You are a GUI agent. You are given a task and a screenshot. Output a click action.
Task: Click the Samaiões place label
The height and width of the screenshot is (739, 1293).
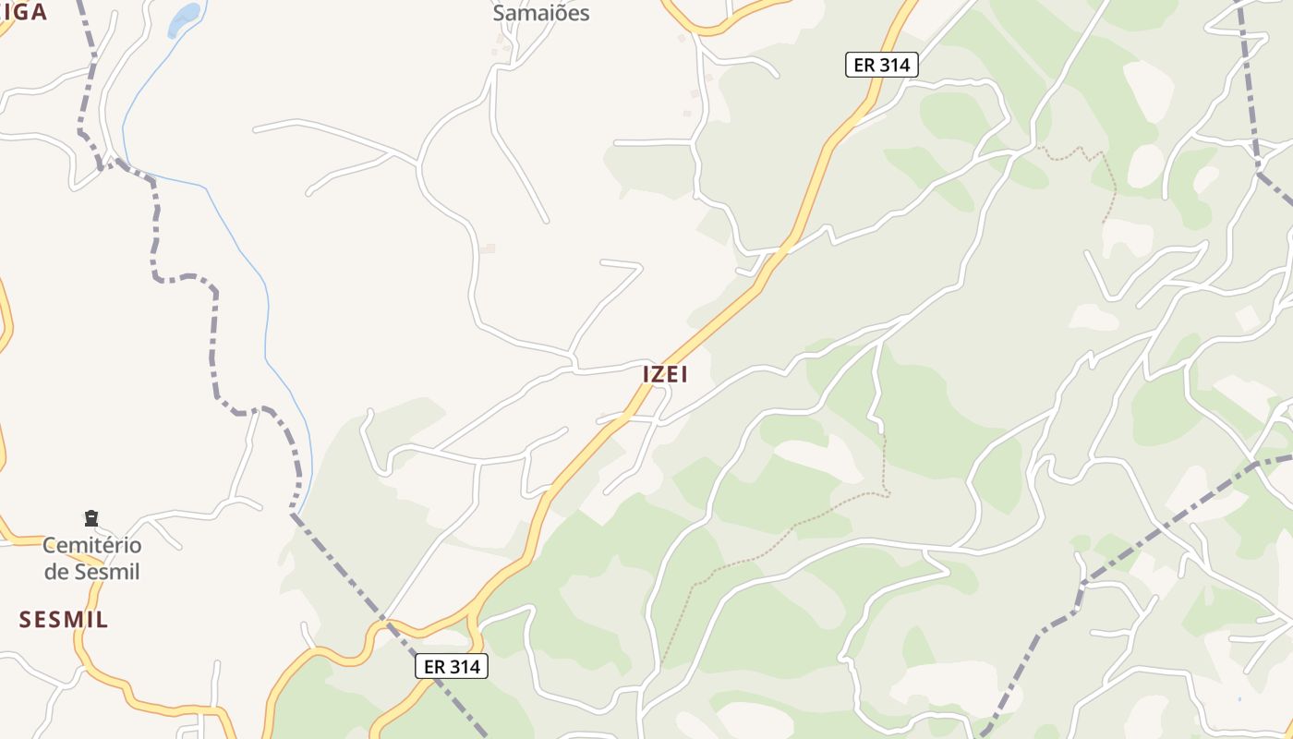[540, 13]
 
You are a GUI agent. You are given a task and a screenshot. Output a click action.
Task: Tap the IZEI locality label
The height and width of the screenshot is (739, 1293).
[665, 374]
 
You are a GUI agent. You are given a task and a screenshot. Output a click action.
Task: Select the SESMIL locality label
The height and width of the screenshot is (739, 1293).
[64, 620]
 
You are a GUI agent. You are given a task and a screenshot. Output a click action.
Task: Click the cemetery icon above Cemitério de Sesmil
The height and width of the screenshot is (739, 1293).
[91, 518]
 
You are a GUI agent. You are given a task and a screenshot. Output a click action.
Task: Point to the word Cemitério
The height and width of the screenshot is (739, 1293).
[91, 545]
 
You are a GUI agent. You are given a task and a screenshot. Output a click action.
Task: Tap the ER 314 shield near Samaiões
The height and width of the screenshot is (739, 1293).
[881, 65]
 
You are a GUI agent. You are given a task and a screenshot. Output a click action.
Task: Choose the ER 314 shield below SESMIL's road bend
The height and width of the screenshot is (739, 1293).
[451, 666]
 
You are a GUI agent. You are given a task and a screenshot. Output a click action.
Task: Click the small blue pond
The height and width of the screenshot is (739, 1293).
[184, 18]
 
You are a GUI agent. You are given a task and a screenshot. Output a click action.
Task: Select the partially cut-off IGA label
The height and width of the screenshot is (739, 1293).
[25, 12]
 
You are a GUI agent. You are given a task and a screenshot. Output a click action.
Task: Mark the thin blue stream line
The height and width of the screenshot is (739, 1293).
[266, 305]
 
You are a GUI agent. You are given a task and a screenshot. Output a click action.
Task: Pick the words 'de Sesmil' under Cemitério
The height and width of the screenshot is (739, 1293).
[91, 572]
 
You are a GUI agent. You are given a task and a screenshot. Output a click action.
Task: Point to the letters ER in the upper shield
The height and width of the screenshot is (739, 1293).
[864, 65]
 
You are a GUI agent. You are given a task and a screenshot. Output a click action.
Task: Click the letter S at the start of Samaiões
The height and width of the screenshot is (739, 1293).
[500, 13]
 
